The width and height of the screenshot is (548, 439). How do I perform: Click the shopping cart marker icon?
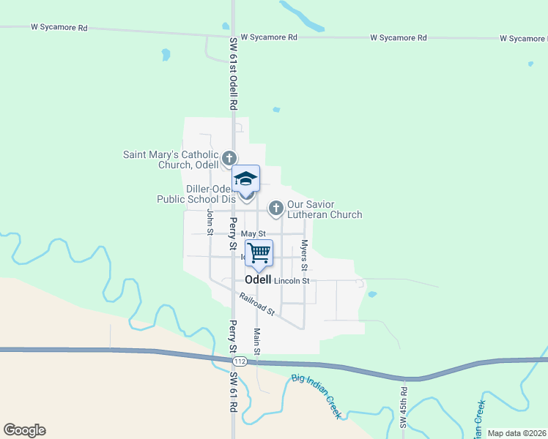[259, 253]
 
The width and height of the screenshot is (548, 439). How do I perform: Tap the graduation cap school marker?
[246, 179]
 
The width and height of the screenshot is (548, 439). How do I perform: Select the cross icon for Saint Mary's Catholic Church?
[229, 158]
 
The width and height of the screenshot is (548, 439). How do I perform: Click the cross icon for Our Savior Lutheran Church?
[276, 209]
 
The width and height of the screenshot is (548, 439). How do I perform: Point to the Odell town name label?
[258, 279]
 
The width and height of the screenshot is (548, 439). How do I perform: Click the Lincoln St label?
[292, 280]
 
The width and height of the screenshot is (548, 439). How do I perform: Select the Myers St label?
[304, 252]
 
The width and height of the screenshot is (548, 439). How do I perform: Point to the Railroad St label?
[256, 304]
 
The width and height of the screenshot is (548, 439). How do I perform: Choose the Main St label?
[257, 342]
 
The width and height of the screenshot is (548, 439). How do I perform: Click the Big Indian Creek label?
[317, 396]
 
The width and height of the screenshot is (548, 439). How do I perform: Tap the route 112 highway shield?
[239, 362]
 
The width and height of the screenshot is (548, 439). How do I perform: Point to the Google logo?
[24, 430]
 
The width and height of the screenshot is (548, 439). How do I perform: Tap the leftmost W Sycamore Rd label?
[59, 28]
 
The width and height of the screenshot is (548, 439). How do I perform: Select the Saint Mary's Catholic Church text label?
[170, 160]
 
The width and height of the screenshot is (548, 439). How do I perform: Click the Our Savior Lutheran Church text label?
[325, 210]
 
